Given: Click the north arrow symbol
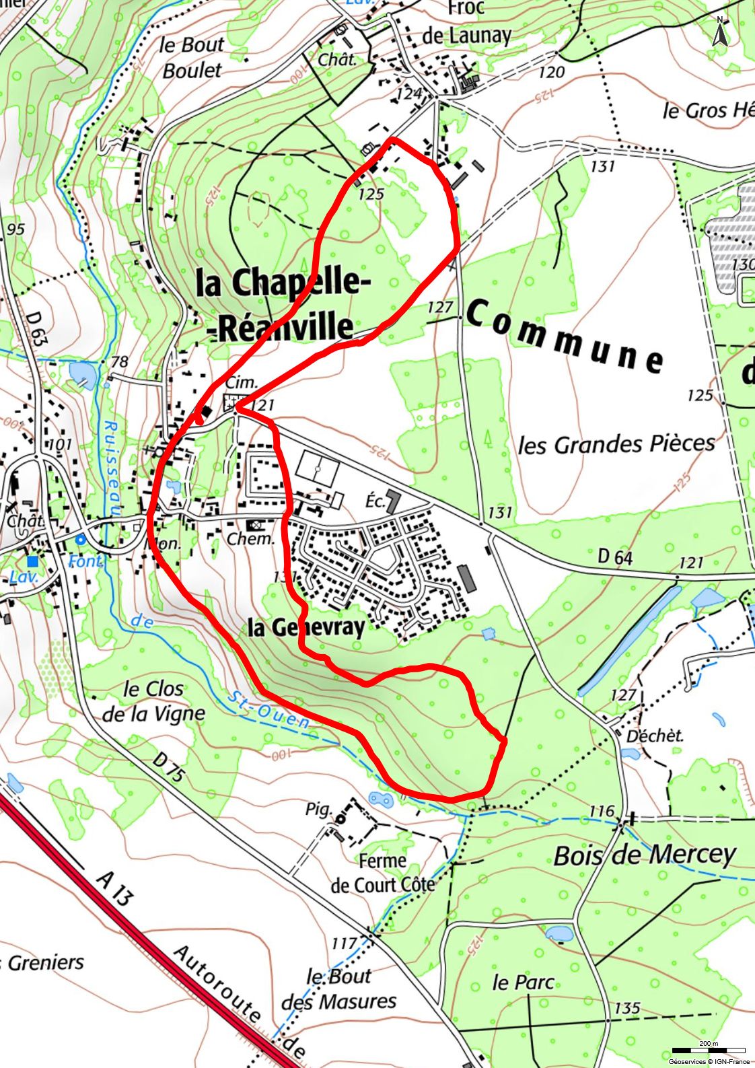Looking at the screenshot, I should tap(719, 32).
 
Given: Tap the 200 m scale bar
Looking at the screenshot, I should tap(708, 1051).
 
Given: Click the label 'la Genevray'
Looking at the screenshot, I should tap(306, 627).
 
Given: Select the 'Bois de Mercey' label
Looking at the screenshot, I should tap(645, 855).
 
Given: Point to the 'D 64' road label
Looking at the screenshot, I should tap(615, 557).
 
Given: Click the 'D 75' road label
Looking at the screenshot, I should tap(168, 768).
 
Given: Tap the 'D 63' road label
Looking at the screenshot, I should tap(38, 328).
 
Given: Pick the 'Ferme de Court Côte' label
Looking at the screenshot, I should tap(382, 873).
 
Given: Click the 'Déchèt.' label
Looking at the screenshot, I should tap(654, 736).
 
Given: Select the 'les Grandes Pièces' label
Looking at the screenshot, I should tap(616, 444).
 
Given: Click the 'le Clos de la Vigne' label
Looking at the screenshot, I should tap(153, 701).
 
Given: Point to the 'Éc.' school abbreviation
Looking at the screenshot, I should tap(375, 501).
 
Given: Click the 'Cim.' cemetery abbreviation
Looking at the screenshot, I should tap(241, 382).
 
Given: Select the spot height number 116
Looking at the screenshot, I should tap(602, 811).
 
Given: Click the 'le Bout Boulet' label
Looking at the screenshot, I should tap(192, 57).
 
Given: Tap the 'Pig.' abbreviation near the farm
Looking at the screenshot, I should tap(318, 808).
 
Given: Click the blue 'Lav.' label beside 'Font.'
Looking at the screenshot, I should tap(24, 577).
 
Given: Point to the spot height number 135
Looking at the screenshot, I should tap(626, 1007).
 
